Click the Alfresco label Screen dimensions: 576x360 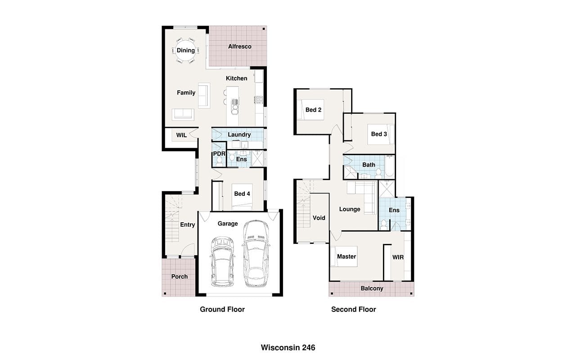pos(240,46)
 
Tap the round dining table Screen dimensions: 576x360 pos(185,50)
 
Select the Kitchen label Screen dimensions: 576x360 pos(237,78)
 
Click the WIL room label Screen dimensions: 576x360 pos(181,135)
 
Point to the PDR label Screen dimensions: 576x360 pos(219,154)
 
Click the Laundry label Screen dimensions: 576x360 pos(239,135)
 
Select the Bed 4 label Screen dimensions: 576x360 pos(242,193)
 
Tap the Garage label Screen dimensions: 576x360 pos(228,224)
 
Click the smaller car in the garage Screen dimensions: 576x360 pos(222,262)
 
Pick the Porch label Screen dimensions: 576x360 pos(180,277)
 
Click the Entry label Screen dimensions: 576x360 pos(188,225)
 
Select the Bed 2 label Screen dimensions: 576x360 pos(314,110)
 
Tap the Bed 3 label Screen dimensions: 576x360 pos(379,134)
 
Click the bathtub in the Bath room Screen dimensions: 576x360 pos(389,166)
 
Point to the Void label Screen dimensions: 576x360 pos(319,218)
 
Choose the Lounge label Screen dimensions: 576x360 pos(350,209)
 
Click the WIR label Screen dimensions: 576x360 pos(398,257)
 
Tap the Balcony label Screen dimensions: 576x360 pos(372,288)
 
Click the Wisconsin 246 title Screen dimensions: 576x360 pos(288,348)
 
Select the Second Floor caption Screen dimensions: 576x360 pos(354,309)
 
